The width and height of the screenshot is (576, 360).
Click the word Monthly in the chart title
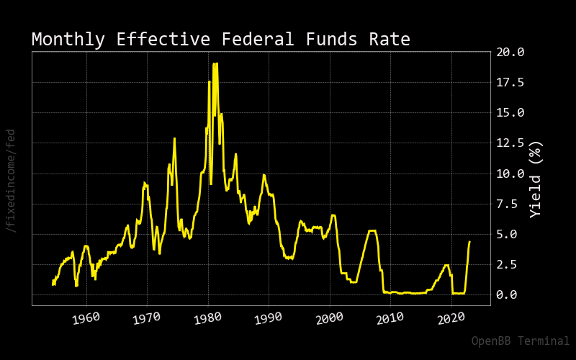coord(68,40)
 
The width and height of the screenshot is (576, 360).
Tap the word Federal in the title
coord(258,39)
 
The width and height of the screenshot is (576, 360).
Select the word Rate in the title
coord(390,40)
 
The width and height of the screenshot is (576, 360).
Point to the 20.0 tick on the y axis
coord(510,52)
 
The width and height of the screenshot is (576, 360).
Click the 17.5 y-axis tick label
coord(510,82)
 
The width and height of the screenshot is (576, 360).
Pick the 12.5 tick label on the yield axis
coord(510,143)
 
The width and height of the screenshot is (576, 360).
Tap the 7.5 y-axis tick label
coord(507,204)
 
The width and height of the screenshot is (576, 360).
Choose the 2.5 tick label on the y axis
coord(507,264)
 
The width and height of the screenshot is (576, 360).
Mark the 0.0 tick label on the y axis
coord(507,294)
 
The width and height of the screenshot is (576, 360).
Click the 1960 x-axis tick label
coord(86,318)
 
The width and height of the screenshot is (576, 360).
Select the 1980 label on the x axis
coord(207,318)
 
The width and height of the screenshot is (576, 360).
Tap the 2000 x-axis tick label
coord(329,318)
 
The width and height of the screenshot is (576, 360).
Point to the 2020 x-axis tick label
coord(451,318)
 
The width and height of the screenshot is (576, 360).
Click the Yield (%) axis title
coord(536,179)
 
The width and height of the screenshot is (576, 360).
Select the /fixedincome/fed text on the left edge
coord(11,181)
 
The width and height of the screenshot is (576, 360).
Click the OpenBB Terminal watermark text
coord(520,341)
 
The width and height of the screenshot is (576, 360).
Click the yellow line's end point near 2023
coord(469,241)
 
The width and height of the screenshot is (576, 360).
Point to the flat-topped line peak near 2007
coord(372,230)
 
